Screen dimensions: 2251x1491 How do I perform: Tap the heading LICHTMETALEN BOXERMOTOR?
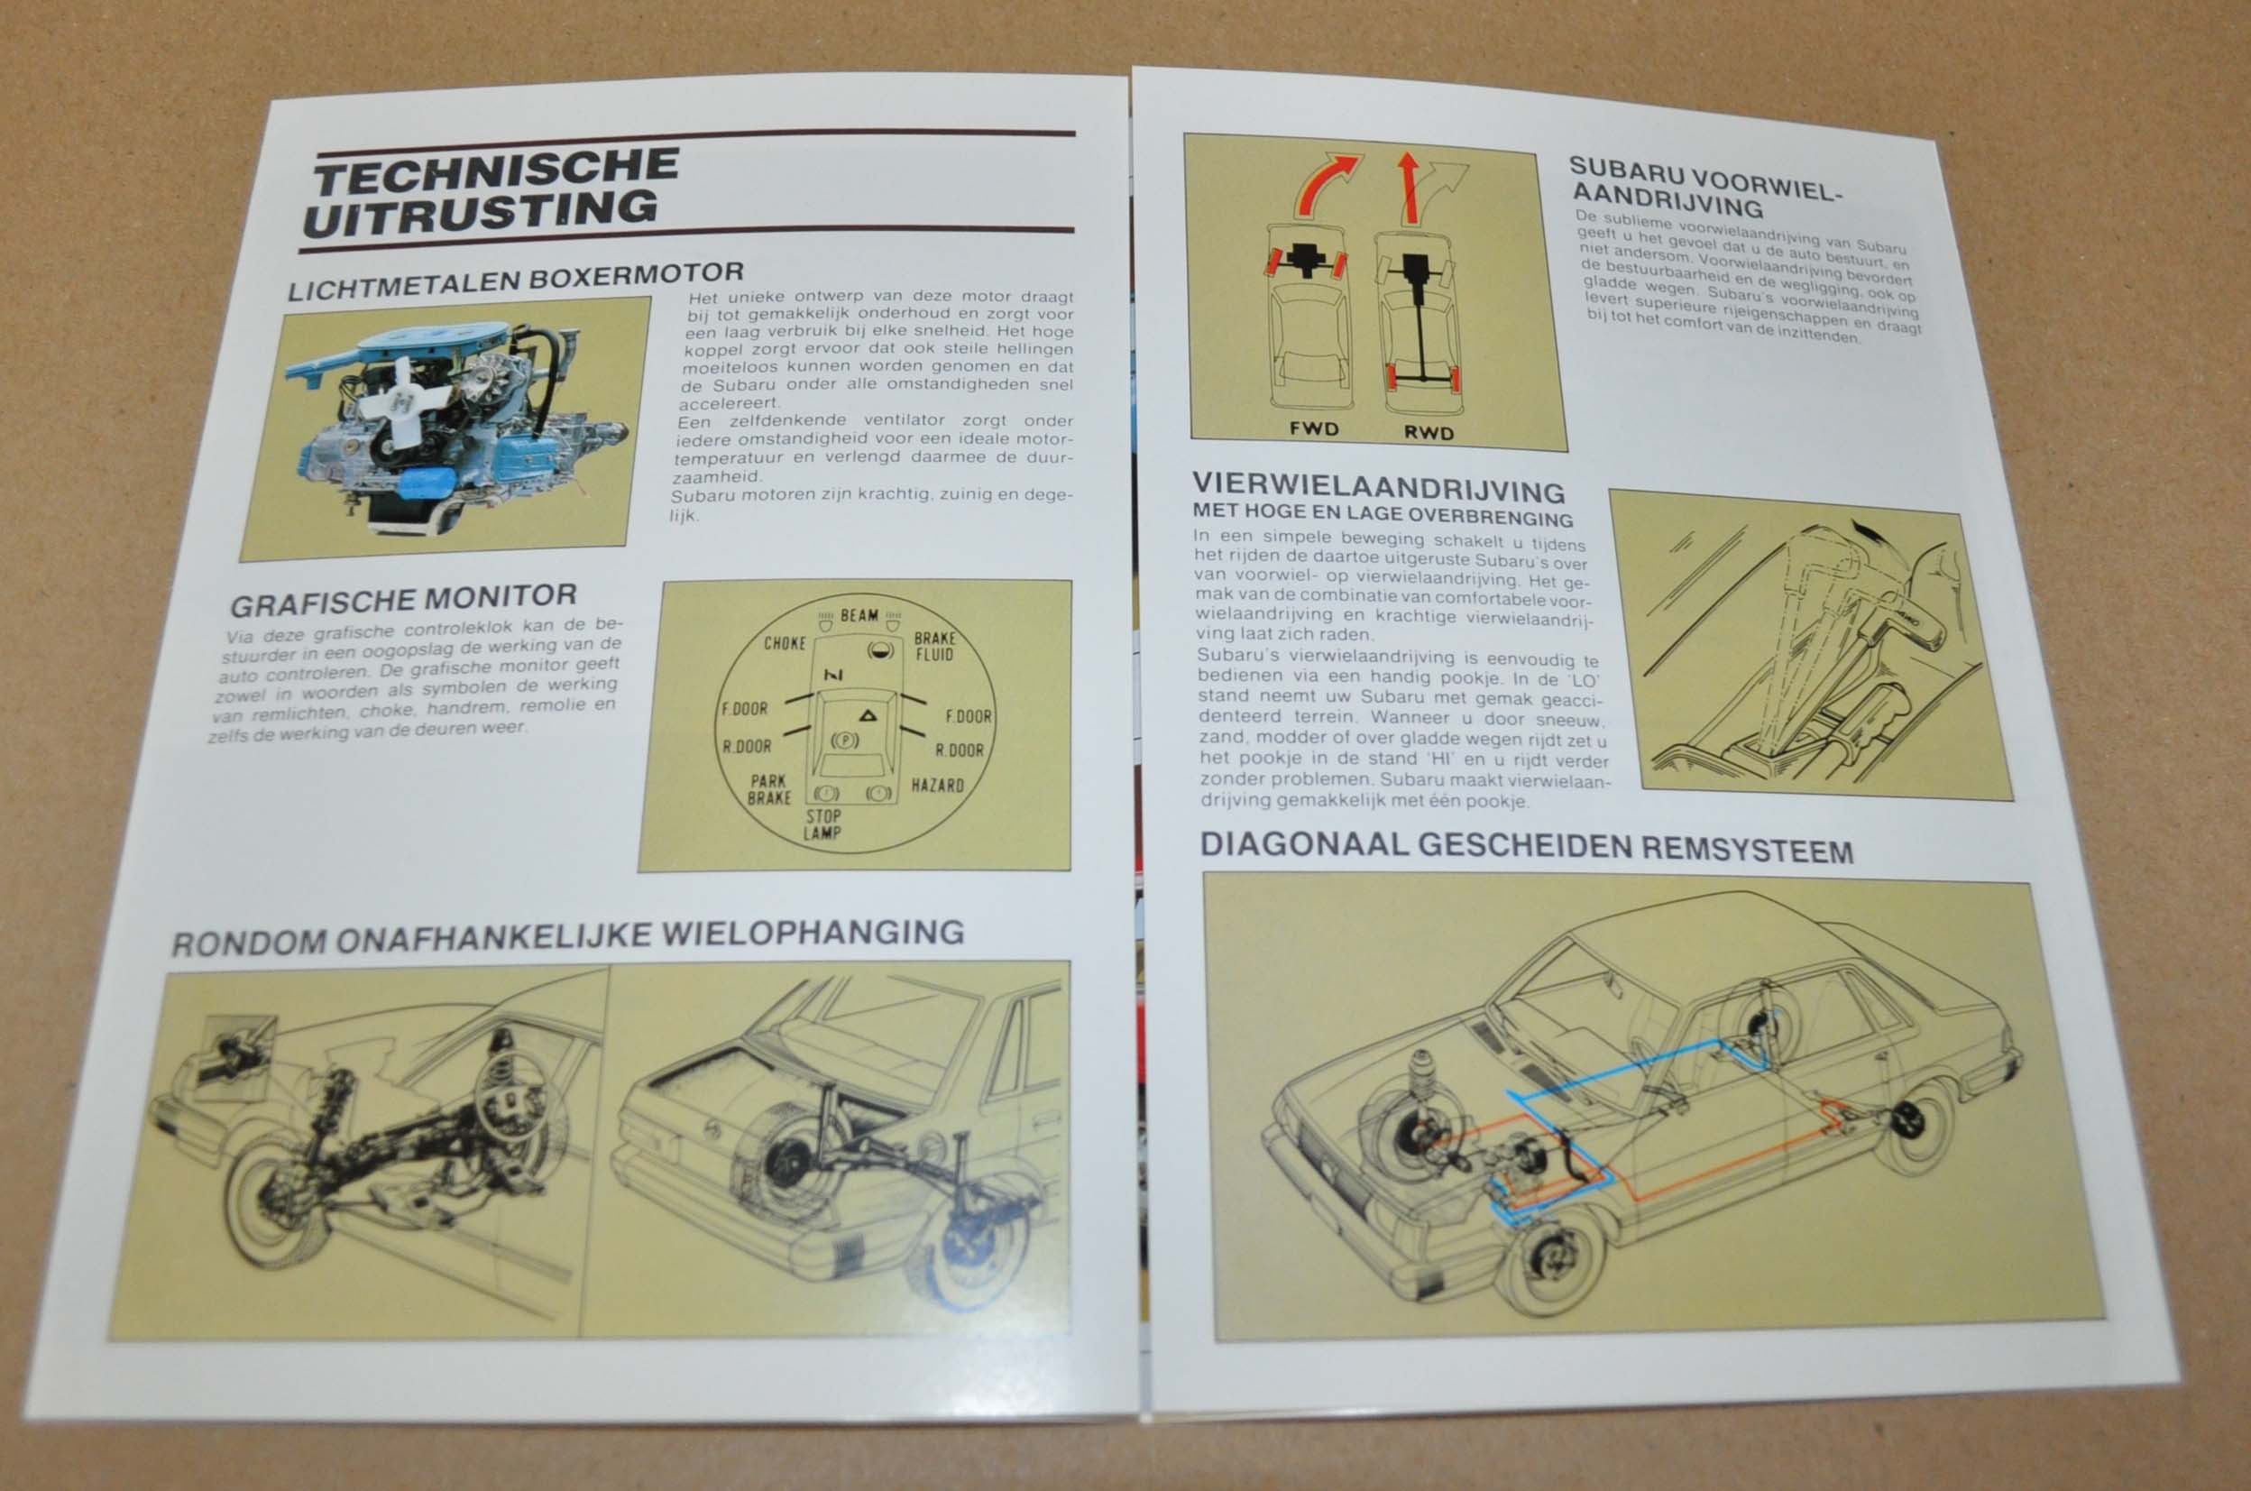point(515,281)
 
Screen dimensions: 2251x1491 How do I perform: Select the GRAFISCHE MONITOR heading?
point(403,600)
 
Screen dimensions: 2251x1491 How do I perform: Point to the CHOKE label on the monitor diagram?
point(785,644)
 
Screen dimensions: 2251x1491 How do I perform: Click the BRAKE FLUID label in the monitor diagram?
point(934,646)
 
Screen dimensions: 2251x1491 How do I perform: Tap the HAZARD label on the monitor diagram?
point(937,786)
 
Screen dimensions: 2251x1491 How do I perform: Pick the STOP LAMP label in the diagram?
point(822,824)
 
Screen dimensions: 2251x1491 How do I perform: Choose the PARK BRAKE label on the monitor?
point(769,789)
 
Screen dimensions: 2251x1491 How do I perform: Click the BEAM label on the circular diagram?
point(859,615)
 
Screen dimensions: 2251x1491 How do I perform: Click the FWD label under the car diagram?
point(1313,428)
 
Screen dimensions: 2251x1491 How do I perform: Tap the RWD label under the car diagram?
point(1429,434)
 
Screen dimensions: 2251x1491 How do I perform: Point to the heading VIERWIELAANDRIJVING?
point(1378,488)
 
